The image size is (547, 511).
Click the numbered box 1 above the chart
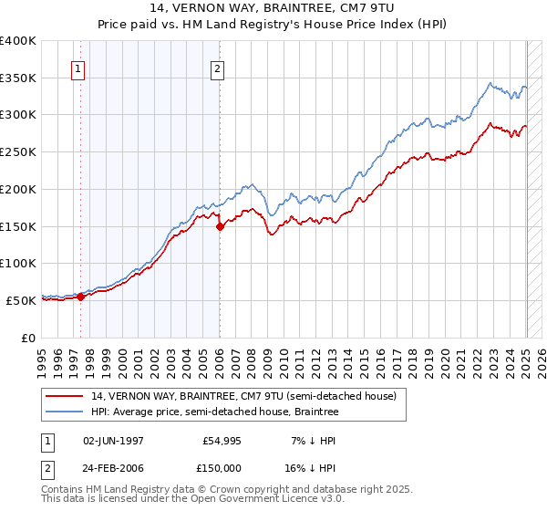tap(77, 68)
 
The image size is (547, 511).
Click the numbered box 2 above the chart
tap(218, 68)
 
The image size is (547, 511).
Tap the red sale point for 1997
tap(80, 296)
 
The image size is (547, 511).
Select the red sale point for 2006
tap(220, 226)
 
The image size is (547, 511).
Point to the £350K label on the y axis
tap(18, 78)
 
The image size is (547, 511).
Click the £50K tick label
tap(21, 300)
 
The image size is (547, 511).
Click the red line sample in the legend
tap(64, 396)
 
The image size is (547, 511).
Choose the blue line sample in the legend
tap(64, 412)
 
